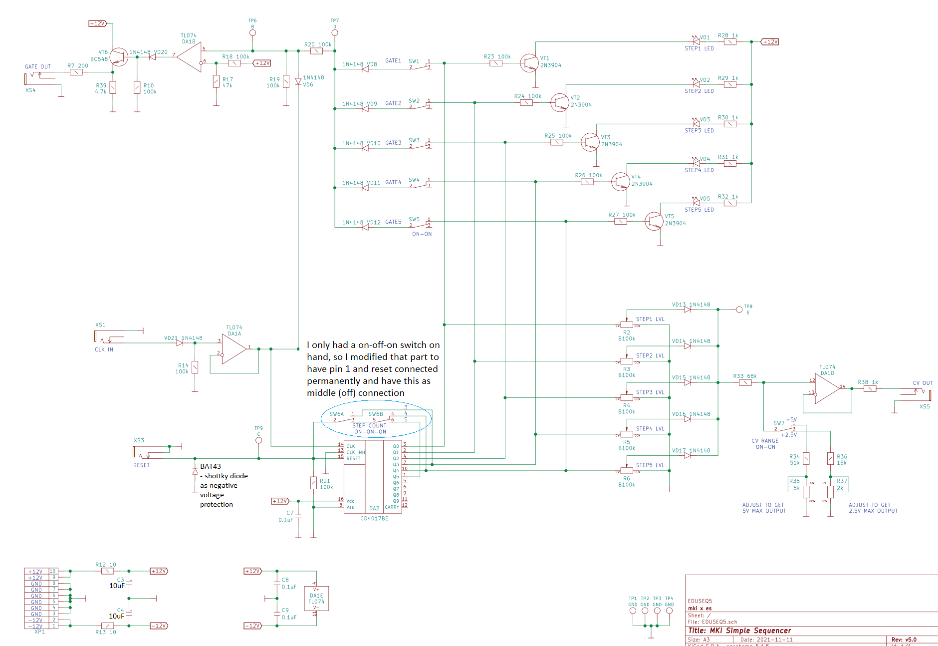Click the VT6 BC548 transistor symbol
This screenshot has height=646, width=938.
pos(119,57)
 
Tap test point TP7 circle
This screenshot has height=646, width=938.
pos(335,33)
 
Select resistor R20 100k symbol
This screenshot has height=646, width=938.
pos(316,51)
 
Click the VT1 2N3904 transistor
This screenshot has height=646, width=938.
pos(529,63)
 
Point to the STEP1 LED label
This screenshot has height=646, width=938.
pos(699,49)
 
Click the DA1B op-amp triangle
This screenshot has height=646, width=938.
pos(190,57)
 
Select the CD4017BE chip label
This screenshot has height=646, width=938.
pos(374,519)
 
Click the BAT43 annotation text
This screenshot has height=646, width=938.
pos(210,466)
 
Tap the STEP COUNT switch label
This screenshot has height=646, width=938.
pos(369,426)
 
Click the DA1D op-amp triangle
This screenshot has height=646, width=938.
pos(827,388)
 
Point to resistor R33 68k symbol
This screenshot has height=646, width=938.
pos(745,383)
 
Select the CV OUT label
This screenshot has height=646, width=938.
pos(923,383)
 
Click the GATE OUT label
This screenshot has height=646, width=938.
pos(38,67)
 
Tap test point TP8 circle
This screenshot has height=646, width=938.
pos(739,310)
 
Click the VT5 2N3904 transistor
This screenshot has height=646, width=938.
pos(654,221)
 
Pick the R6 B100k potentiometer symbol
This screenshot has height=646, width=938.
pos(627,471)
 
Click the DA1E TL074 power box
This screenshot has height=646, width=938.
pos(316,599)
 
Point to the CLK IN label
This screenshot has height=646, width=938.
pos(104,350)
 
